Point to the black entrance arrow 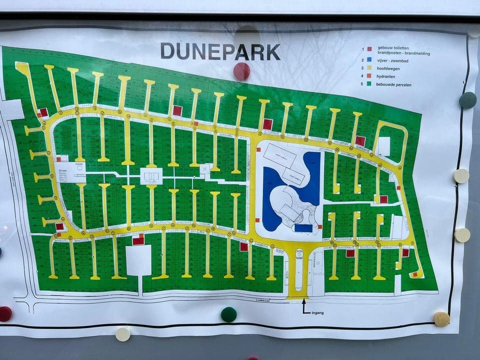pos(303,305)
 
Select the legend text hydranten pos(386,76)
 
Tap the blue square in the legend pos(369,59)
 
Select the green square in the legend pos(369,84)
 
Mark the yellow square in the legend pos(369,67)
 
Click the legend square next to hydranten pos(369,76)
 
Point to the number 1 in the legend pos(362,49)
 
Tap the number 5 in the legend pos(362,84)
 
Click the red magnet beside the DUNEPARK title pos(241,71)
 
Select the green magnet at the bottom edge pos(228,314)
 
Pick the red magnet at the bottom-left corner pos(4,313)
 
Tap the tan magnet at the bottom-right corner pos(441,319)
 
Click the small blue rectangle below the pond pos(303,228)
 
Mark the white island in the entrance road pos(299,270)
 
